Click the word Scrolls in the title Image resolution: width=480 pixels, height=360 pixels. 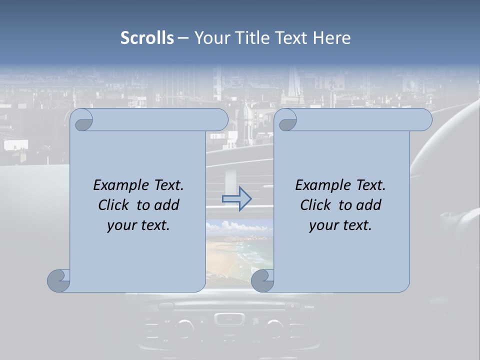[x=147, y=38]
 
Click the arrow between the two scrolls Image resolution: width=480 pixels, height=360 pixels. [x=236, y=199]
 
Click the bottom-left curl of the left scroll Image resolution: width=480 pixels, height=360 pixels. [x=59, y=280]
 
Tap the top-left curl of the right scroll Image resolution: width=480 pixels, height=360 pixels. [x=287, y=120]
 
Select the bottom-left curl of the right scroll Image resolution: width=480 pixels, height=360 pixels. [x=262, y=280]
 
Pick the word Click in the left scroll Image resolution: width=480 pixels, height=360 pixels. [x=114, y=205]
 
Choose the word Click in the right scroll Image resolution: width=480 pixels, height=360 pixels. [x=315, y=205]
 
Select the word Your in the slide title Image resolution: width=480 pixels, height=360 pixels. [x=210, y=38]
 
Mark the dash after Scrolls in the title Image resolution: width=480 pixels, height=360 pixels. [x=183, y=38]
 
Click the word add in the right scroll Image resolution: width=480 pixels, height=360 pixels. [x=369, y=205]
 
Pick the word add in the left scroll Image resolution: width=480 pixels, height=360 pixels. [x=167, y=205]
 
